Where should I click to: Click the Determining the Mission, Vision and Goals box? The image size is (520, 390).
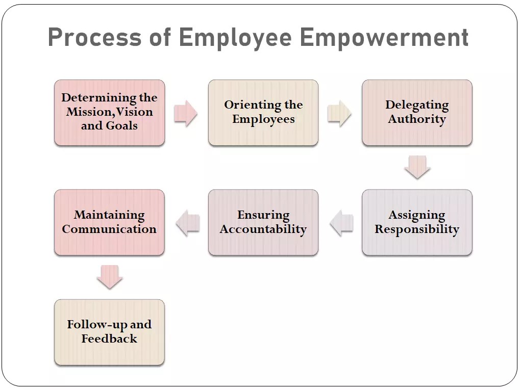coord(109,113)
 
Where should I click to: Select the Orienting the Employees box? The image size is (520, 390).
coord(263,113)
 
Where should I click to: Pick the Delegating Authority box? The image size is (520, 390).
coord(417,113)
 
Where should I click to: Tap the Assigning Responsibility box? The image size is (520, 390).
coord(417,222)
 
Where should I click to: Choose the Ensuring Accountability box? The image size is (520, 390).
coord(263,222)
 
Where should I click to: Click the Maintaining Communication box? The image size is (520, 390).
coord(109,222)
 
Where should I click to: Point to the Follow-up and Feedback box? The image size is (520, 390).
coord(109,332)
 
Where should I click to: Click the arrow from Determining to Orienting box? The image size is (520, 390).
coord(185,113)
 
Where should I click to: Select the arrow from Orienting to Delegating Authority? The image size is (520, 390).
coord(339,113)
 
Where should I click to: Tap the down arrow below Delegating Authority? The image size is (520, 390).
coord(417,167)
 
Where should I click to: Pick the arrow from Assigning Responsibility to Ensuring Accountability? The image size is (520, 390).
coord(341,223)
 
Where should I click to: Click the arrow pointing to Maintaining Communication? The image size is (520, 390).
coord(187,223)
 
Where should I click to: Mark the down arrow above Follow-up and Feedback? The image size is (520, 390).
coord(109,277)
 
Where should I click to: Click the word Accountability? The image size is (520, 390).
coord(263,229)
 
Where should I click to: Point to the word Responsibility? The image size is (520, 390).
coord(417,229)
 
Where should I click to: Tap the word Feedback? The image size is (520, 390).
coord(109,339)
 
